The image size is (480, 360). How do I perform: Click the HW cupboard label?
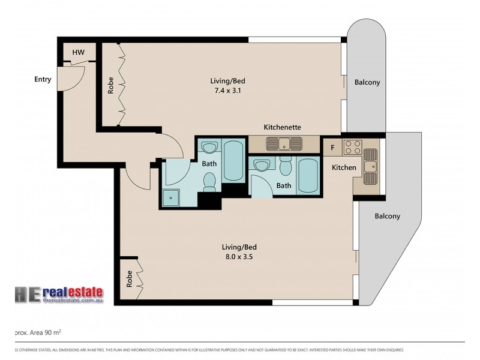78,53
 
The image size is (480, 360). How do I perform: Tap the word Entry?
43,79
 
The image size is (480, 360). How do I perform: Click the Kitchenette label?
282,127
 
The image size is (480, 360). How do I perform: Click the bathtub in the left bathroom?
233,160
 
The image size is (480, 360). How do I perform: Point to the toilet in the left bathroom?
209,181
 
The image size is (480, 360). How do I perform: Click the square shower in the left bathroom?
172,196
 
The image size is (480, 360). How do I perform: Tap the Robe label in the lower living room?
129,280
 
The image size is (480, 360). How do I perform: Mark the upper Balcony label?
367,82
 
